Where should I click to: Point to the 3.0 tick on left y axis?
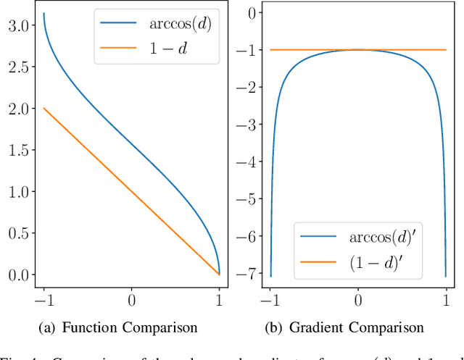tap(20, 25)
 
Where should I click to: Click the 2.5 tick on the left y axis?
tap(20, 67)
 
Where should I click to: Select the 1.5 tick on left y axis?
tap(20, 150)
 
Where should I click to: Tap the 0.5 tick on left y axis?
tap(20, 233)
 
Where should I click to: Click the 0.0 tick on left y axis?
tap(20, 275)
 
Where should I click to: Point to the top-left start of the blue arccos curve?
tap(43, 14)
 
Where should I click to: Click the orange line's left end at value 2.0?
tap(43, 108)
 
